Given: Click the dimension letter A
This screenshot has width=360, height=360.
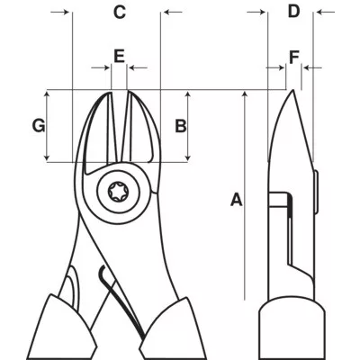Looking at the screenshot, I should click(x=237, y=200).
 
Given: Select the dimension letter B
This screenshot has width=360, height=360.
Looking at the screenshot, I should click(x=180, y=126).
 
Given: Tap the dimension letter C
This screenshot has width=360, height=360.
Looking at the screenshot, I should click(x=119, y=12).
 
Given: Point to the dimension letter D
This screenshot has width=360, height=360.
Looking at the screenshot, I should click(x=293, y=12).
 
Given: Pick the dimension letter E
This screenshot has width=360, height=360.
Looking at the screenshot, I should click(x=119, y=55).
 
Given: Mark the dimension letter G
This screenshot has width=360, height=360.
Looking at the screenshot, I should click(x=39, y=126).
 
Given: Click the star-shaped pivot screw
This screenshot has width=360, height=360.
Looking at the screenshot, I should click(x=118, y=191).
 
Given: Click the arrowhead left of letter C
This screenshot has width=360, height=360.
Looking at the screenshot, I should click(x=66, y=13).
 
